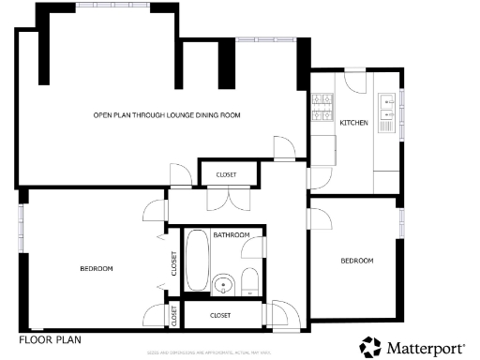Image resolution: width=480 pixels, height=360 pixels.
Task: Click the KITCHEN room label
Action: [353, 123]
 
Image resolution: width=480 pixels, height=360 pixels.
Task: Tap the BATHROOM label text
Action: [231, 234]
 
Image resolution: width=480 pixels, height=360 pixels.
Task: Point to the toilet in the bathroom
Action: [250, 283]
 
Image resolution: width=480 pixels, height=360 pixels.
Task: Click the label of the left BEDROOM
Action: [96, 269]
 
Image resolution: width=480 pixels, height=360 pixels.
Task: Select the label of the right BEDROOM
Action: [356, 261]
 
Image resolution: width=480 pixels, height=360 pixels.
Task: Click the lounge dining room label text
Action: [167, 114]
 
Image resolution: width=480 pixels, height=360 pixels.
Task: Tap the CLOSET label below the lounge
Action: [226, 175]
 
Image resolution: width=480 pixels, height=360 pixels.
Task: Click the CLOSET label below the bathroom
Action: [220, 315]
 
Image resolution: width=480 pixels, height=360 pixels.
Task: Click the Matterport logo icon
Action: [371, 346]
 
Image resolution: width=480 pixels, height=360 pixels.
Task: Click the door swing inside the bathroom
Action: [251, 247]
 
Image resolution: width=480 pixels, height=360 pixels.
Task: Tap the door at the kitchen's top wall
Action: [357, 81]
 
